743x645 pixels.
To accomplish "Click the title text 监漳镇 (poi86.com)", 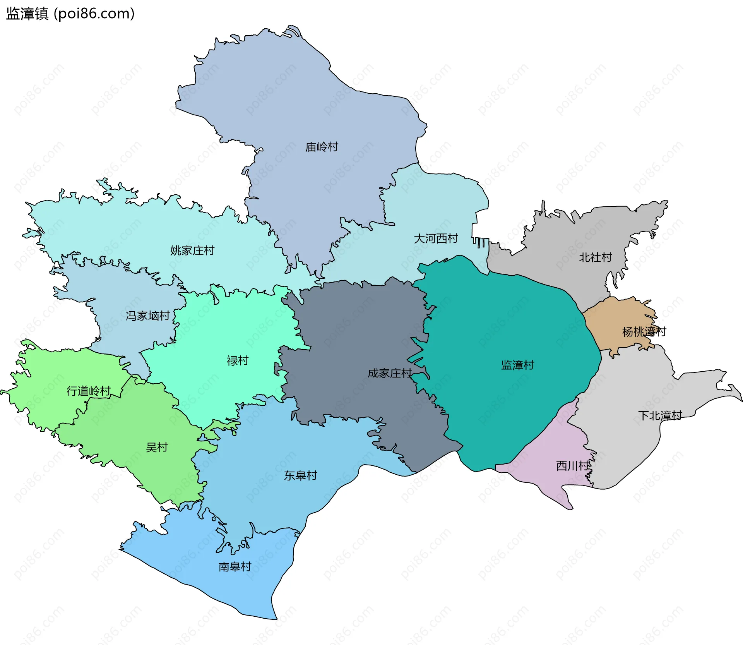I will point(70,14).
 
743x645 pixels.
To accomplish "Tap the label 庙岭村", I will point(322,147).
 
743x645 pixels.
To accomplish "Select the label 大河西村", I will point(436,238).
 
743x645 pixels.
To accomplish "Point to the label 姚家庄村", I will point(192,250).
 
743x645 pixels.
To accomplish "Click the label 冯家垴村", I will point(148,316).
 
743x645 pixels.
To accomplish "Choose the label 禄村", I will point(237,361).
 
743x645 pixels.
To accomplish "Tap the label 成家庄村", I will point(389,373).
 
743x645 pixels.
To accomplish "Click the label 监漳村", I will point(517,365).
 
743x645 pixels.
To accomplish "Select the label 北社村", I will point(595,257).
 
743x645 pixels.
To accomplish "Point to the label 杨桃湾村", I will point(644,332).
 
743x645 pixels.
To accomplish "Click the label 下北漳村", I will point(660,416).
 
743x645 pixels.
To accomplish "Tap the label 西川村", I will point(573,466).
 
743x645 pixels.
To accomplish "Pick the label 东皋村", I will point(300,475).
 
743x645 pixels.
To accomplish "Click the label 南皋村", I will point(235,567).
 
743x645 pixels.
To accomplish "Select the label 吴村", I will point(157,448).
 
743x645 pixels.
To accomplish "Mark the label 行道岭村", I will point(89,391).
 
